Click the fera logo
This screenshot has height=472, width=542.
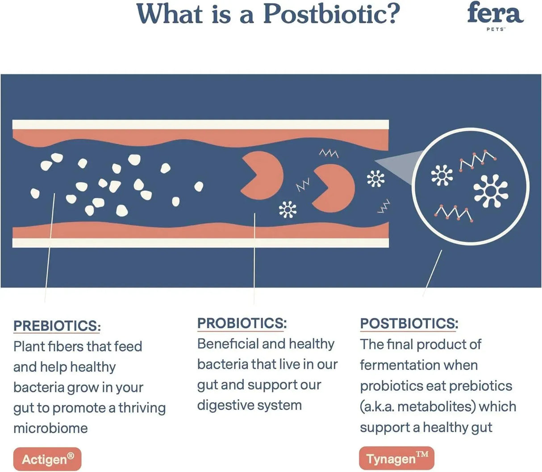coord(495,13)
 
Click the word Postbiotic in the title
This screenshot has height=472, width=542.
coord(331,14)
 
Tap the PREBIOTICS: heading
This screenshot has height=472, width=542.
coord(57,326)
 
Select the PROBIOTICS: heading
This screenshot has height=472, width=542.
coord(242,323)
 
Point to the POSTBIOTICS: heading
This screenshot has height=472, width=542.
coord(409,324)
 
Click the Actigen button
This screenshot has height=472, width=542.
coord(48,459)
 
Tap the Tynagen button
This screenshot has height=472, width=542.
coord(396,459)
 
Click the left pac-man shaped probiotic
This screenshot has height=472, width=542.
coord(263,175)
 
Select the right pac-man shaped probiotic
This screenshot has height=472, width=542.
coord(334,188)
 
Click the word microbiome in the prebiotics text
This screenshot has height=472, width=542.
coord(50,428)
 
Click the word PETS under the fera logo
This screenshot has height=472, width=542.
coord(495,29)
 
